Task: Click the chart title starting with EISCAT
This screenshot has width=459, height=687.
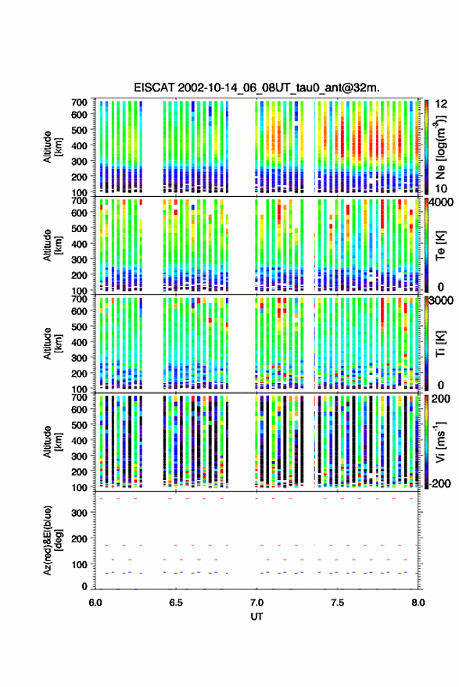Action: tap(256, 88)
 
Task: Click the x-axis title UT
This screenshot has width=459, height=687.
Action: tap(256, 617)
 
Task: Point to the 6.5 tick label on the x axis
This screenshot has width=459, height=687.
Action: tap(176, 603)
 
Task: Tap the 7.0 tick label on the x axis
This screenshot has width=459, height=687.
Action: tap(256, 603)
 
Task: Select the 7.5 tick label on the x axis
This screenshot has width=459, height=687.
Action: tap(337, 603)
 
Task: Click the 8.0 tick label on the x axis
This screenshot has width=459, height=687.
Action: tap(418, 603)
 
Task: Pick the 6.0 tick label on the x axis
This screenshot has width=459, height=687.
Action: tap(95, 603)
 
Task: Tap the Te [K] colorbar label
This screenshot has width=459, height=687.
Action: tap(440, 245)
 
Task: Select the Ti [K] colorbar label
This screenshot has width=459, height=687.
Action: tap(440, 344)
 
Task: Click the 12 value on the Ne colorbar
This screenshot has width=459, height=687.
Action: tap(442, 104)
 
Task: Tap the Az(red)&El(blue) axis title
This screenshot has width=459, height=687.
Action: tap(52, 541)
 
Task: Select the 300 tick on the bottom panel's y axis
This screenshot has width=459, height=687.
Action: tap(80, 513)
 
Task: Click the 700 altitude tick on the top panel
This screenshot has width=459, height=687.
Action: tap(79, 102)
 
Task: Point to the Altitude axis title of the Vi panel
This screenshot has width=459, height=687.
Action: tap(52, 442)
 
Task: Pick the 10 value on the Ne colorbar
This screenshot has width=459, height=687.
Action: tap(442, 189)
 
